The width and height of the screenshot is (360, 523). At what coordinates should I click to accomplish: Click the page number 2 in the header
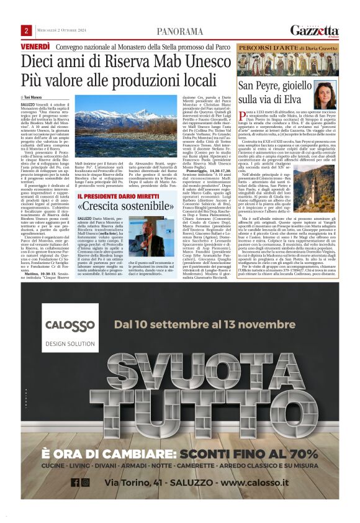pos(27,30)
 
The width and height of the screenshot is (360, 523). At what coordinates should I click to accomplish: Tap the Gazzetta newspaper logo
pos(315,31)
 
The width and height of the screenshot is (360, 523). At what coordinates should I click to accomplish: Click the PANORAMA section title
pos(179,31)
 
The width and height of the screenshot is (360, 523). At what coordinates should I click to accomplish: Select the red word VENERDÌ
pos(35,47)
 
